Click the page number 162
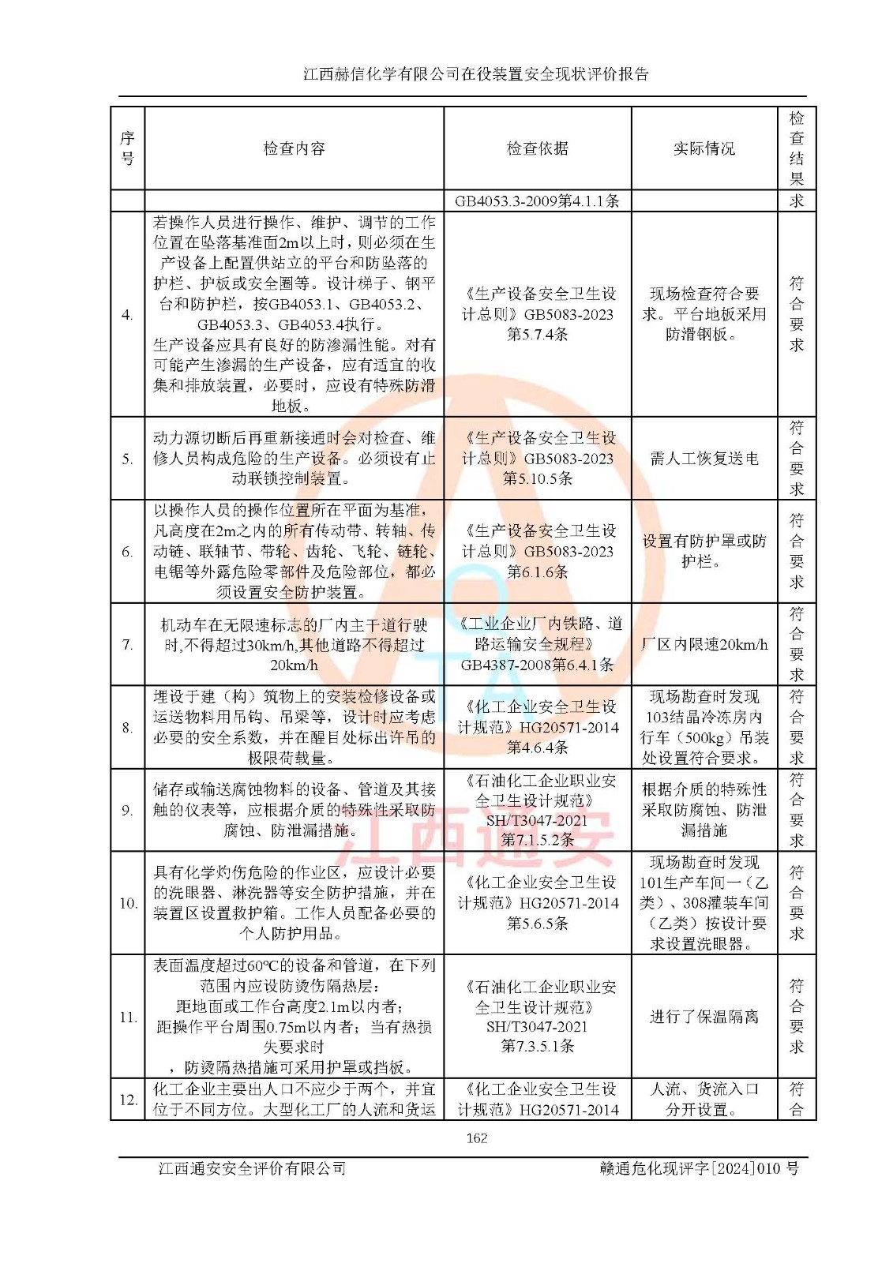pyautogui.click(x=476, y=1137)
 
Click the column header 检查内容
pyautogui.click(x=294, y=148)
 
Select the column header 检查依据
pyautogui.click(x=537, y=148)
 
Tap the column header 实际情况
pyautogui.click(x=704, y=148)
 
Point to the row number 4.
pyautogui.click(x=127, y=315)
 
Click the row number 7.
pyautogui.click(x=127, y=644)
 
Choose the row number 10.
pyautogui.click(x=128, y=903)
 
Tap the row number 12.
pyautogui.click(x=128, y=1099)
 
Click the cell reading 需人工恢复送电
pyautogui.click(x=704, y=459)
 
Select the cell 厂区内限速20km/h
pyautogui.click(x=704, y=644)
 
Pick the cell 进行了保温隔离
pyautogui.click(x=704, y=1017)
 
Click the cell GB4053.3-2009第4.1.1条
pyautogui.click(x=537, y=201)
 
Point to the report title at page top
pyautogui.click(x=476, y=74)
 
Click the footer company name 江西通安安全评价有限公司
pyautogui.click(x=252, y=1168)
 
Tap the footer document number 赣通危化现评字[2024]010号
pyautogui.click(x=699, y=1168)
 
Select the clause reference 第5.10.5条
pyautogui.click(x=537, y=478)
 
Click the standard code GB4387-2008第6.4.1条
pyautogui.click(x=537, y=665)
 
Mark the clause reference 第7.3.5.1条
pyautogui.click(x=537, y=1047)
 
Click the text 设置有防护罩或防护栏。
pyautogui.click(x=704, y=551)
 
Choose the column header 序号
pyautogui.click(x=127, y=148)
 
